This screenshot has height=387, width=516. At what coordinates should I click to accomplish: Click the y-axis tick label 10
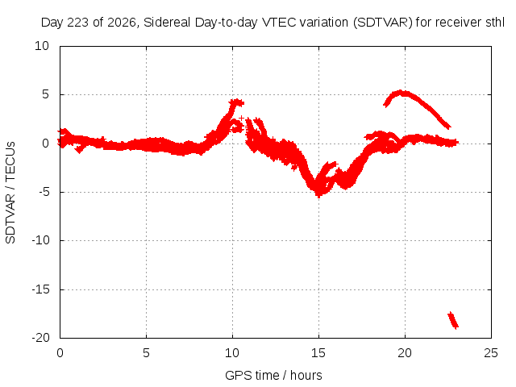point(42,46)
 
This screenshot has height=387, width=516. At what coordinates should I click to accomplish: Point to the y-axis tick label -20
point(41,338)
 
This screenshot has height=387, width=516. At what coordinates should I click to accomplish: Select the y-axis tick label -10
point(41,240)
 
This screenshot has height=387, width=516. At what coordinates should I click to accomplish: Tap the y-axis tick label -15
point(41,289)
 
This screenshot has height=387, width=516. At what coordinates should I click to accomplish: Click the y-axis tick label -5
point(44,192)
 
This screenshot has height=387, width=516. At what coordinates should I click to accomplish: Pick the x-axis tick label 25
point(491,353)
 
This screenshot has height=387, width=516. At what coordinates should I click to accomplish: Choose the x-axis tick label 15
point(318,353)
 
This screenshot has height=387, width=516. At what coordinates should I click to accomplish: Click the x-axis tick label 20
point(405,353)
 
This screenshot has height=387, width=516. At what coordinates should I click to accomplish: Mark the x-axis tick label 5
point(146,353)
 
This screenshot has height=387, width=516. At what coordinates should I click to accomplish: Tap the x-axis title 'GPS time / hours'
point(273,376)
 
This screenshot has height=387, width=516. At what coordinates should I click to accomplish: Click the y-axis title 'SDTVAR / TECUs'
point(10,193)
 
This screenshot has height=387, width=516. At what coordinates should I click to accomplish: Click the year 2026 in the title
point(122,23)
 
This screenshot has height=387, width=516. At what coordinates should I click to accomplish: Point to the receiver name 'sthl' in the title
point(495,23)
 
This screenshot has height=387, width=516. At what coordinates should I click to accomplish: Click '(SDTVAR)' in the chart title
point(383,23)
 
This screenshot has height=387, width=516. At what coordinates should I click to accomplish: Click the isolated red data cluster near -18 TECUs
point(453,320)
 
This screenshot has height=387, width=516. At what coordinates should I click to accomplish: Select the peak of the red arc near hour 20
point(401,93)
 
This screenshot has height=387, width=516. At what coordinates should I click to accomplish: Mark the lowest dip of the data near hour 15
point(318,194)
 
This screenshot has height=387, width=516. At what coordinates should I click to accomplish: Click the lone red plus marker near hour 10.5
point(242,118)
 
